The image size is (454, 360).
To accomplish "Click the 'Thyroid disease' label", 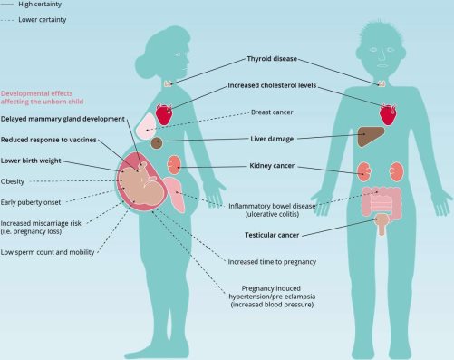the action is (272, 59).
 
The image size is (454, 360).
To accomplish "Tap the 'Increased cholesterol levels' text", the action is (272, 85).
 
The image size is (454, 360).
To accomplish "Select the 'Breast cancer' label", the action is (272, 112).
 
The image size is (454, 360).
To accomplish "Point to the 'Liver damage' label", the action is (272, 139).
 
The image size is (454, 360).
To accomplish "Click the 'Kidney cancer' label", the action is (272, 166).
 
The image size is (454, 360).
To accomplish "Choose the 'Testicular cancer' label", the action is (272, 235).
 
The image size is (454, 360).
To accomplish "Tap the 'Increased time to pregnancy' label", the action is (272, 262).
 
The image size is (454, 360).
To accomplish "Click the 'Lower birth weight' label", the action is (31, 161).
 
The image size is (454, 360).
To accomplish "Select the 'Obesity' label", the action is (13, 181).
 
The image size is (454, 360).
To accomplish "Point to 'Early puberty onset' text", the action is (31, 202).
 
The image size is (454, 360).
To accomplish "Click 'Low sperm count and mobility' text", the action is (47, 252).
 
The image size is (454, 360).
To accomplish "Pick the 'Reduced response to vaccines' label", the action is (48, 140).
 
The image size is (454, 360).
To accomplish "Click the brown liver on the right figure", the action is (371, 136).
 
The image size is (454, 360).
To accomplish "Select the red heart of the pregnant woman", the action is (164, 114).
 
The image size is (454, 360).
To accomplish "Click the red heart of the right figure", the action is (388, 114).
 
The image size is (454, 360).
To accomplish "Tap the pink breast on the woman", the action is (146, 127).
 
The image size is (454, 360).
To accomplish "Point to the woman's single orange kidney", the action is (174, 165).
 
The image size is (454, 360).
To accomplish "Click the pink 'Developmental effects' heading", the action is (42, 97).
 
